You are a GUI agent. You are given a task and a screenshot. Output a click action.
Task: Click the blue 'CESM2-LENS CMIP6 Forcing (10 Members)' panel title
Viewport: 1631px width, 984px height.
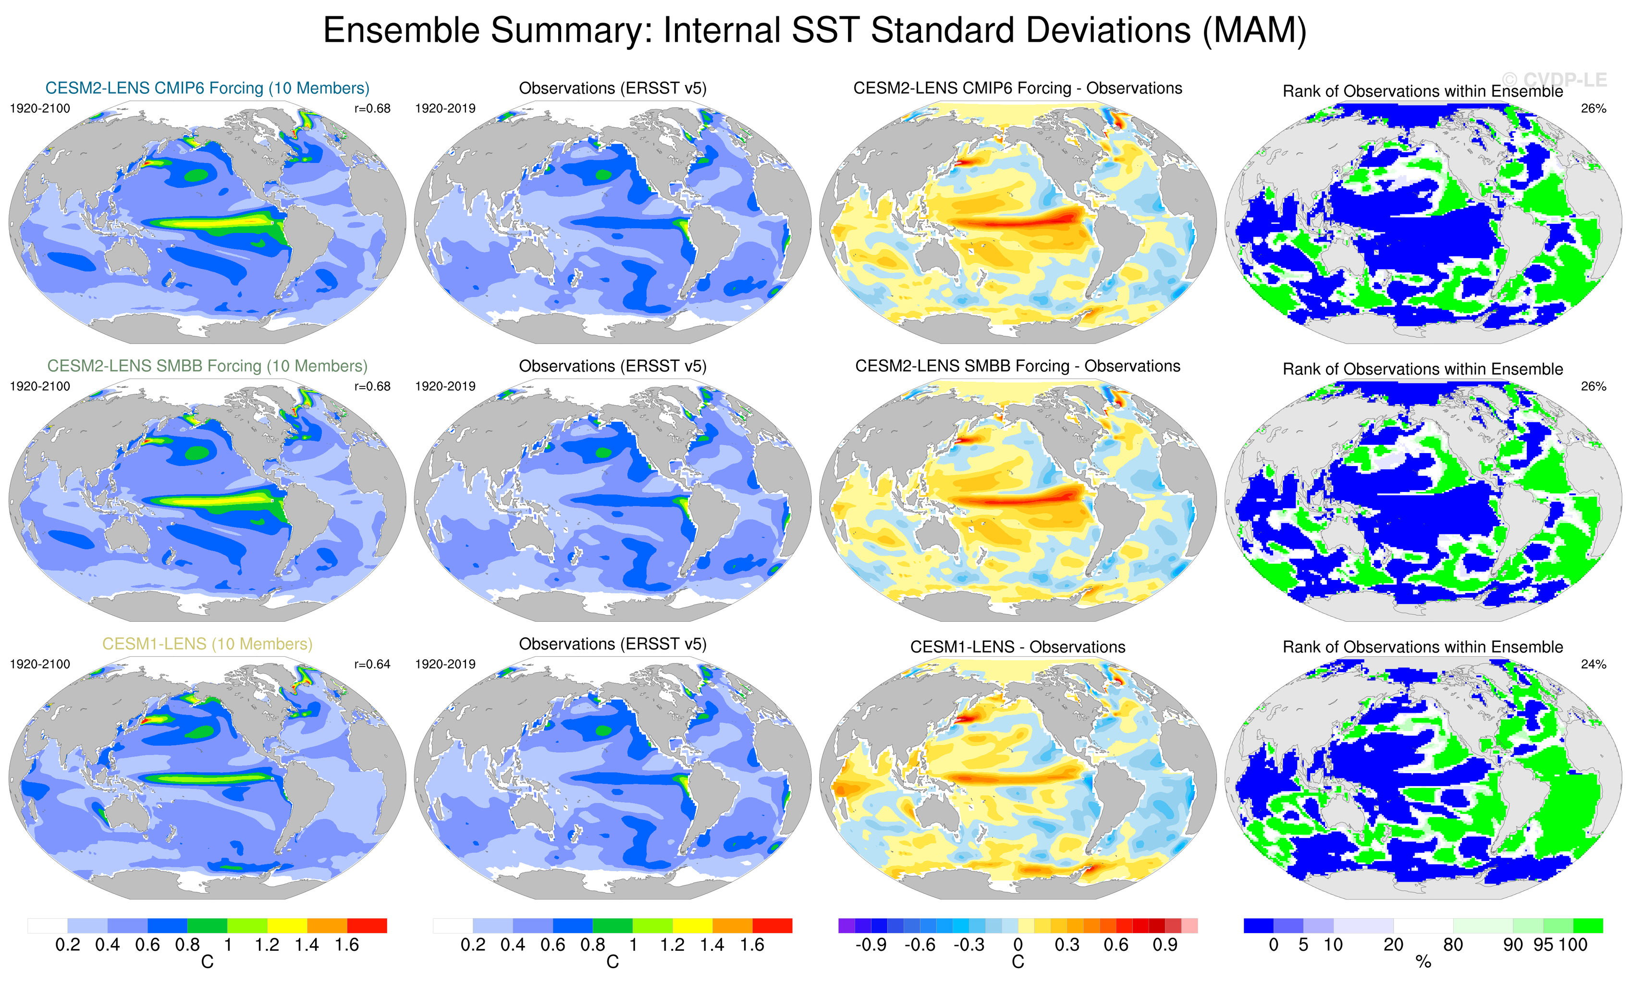[207, 88]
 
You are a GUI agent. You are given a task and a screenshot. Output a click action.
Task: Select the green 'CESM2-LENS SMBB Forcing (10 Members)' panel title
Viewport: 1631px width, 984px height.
[207, 366]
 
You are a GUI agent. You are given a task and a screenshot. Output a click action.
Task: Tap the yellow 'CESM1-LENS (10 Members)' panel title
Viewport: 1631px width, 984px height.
[207, 644]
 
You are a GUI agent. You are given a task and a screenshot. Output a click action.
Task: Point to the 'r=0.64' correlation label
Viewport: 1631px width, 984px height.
[372, 664]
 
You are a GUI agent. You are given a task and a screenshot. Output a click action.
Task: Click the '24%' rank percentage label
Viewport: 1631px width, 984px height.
[1593, 664]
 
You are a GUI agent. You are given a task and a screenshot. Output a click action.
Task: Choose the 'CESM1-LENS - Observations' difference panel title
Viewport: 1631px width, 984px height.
[1018, 647]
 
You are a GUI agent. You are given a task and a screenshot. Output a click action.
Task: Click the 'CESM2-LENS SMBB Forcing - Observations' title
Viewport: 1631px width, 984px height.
[1018, 366]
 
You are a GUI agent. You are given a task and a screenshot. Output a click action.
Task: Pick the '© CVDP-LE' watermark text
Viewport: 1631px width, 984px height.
[1554, 80]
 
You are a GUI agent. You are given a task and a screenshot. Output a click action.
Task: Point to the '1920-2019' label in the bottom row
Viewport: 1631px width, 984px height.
[445, 664]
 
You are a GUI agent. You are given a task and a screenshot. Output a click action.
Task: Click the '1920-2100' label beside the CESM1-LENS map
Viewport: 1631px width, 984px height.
[40, 664]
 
